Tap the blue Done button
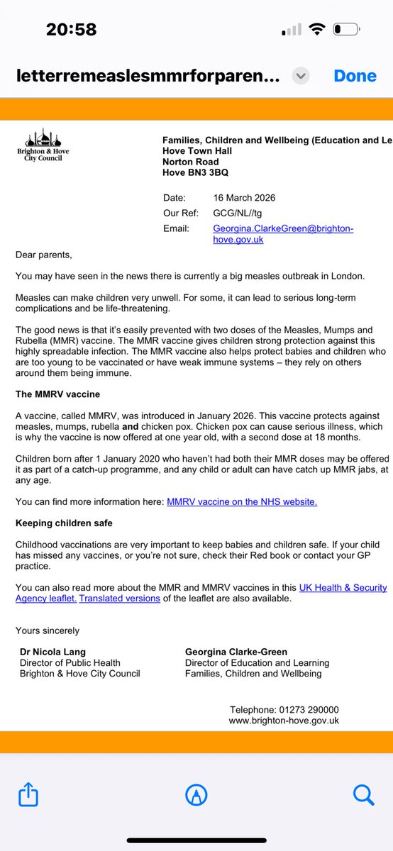[x=355, y=76]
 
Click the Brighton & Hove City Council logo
[x=43, y=148]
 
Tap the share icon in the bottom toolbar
[x=29, y=795]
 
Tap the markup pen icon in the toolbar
[x=196, y=795]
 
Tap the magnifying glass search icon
[x=363, y=795]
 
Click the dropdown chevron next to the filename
[x=301, y=76]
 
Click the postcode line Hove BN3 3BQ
[x=195, y=172]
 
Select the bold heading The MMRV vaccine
[x=57, y=394]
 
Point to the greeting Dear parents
[x=44, y=254]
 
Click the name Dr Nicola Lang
[x=53, y=652]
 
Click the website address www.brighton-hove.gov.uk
[x=284, y=720]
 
